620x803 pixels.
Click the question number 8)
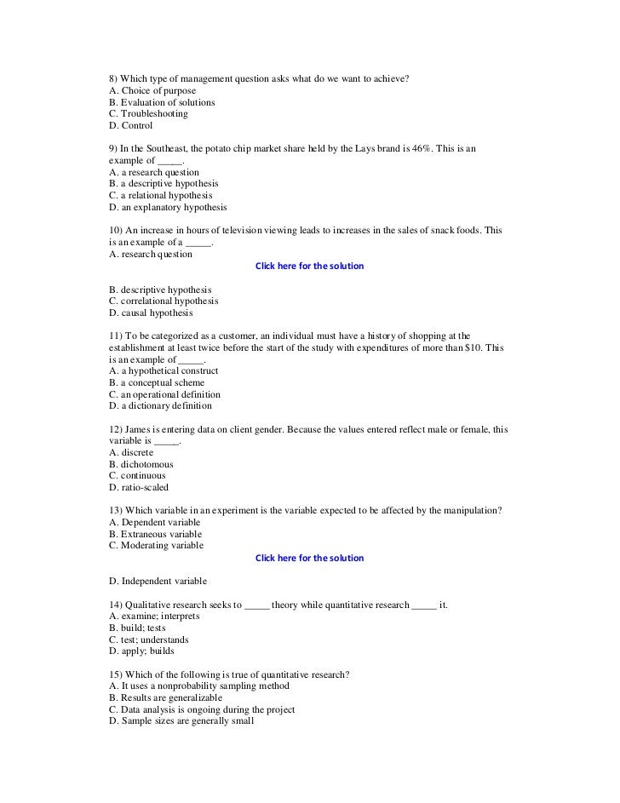coord(116,79)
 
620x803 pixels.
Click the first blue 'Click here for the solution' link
coord(309,266)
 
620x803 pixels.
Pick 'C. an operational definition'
coord(165,394)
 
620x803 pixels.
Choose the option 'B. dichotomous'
coord(141,464)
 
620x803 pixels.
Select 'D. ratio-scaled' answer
coord(139,488)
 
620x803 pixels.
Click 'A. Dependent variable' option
coord(155,522)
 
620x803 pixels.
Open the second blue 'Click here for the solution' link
coord(309,558)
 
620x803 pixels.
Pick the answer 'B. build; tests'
coord(137,628)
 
